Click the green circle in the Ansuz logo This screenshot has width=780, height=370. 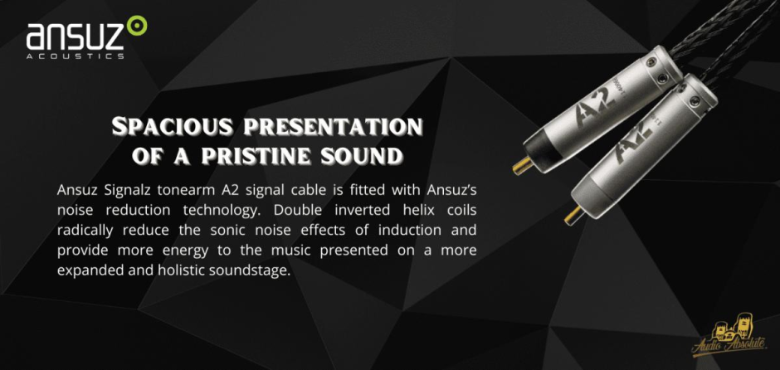click(x=136, y=26)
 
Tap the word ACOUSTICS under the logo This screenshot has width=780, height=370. click(x=76, y=56)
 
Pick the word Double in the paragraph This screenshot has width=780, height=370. click(x=290, y=209)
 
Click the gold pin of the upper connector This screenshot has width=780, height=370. click(x=522, y=166)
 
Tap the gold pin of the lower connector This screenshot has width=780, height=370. click(x=574, y=216)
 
